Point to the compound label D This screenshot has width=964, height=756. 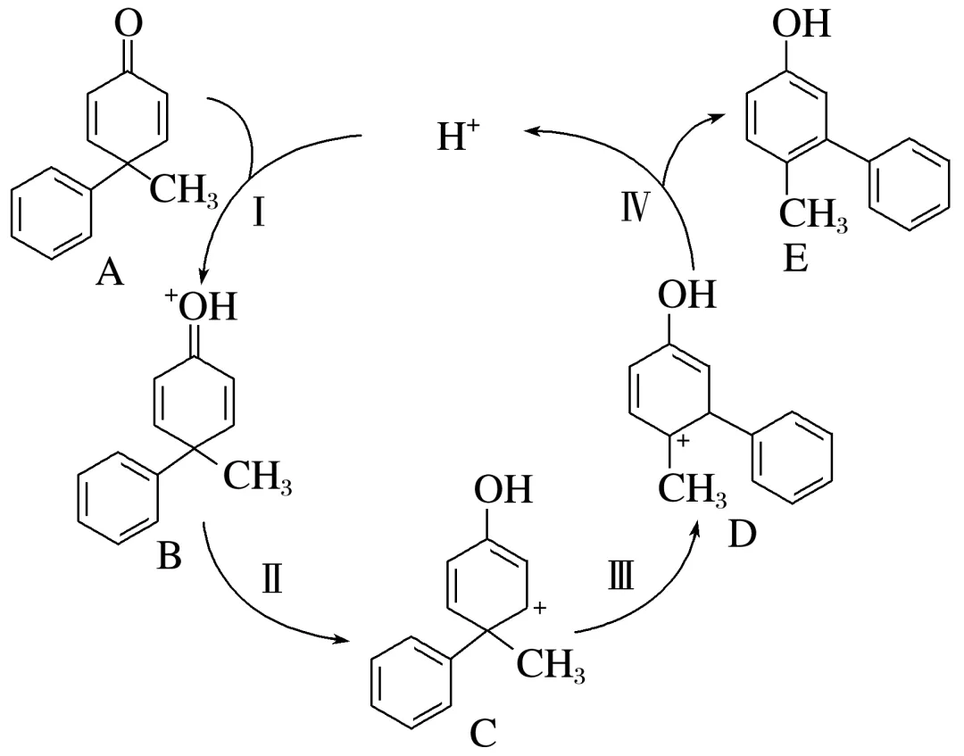(743, 533)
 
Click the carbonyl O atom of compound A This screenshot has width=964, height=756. (129, 24)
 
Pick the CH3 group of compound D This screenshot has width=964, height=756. (689, 490)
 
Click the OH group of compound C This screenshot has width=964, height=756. (503, 490)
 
